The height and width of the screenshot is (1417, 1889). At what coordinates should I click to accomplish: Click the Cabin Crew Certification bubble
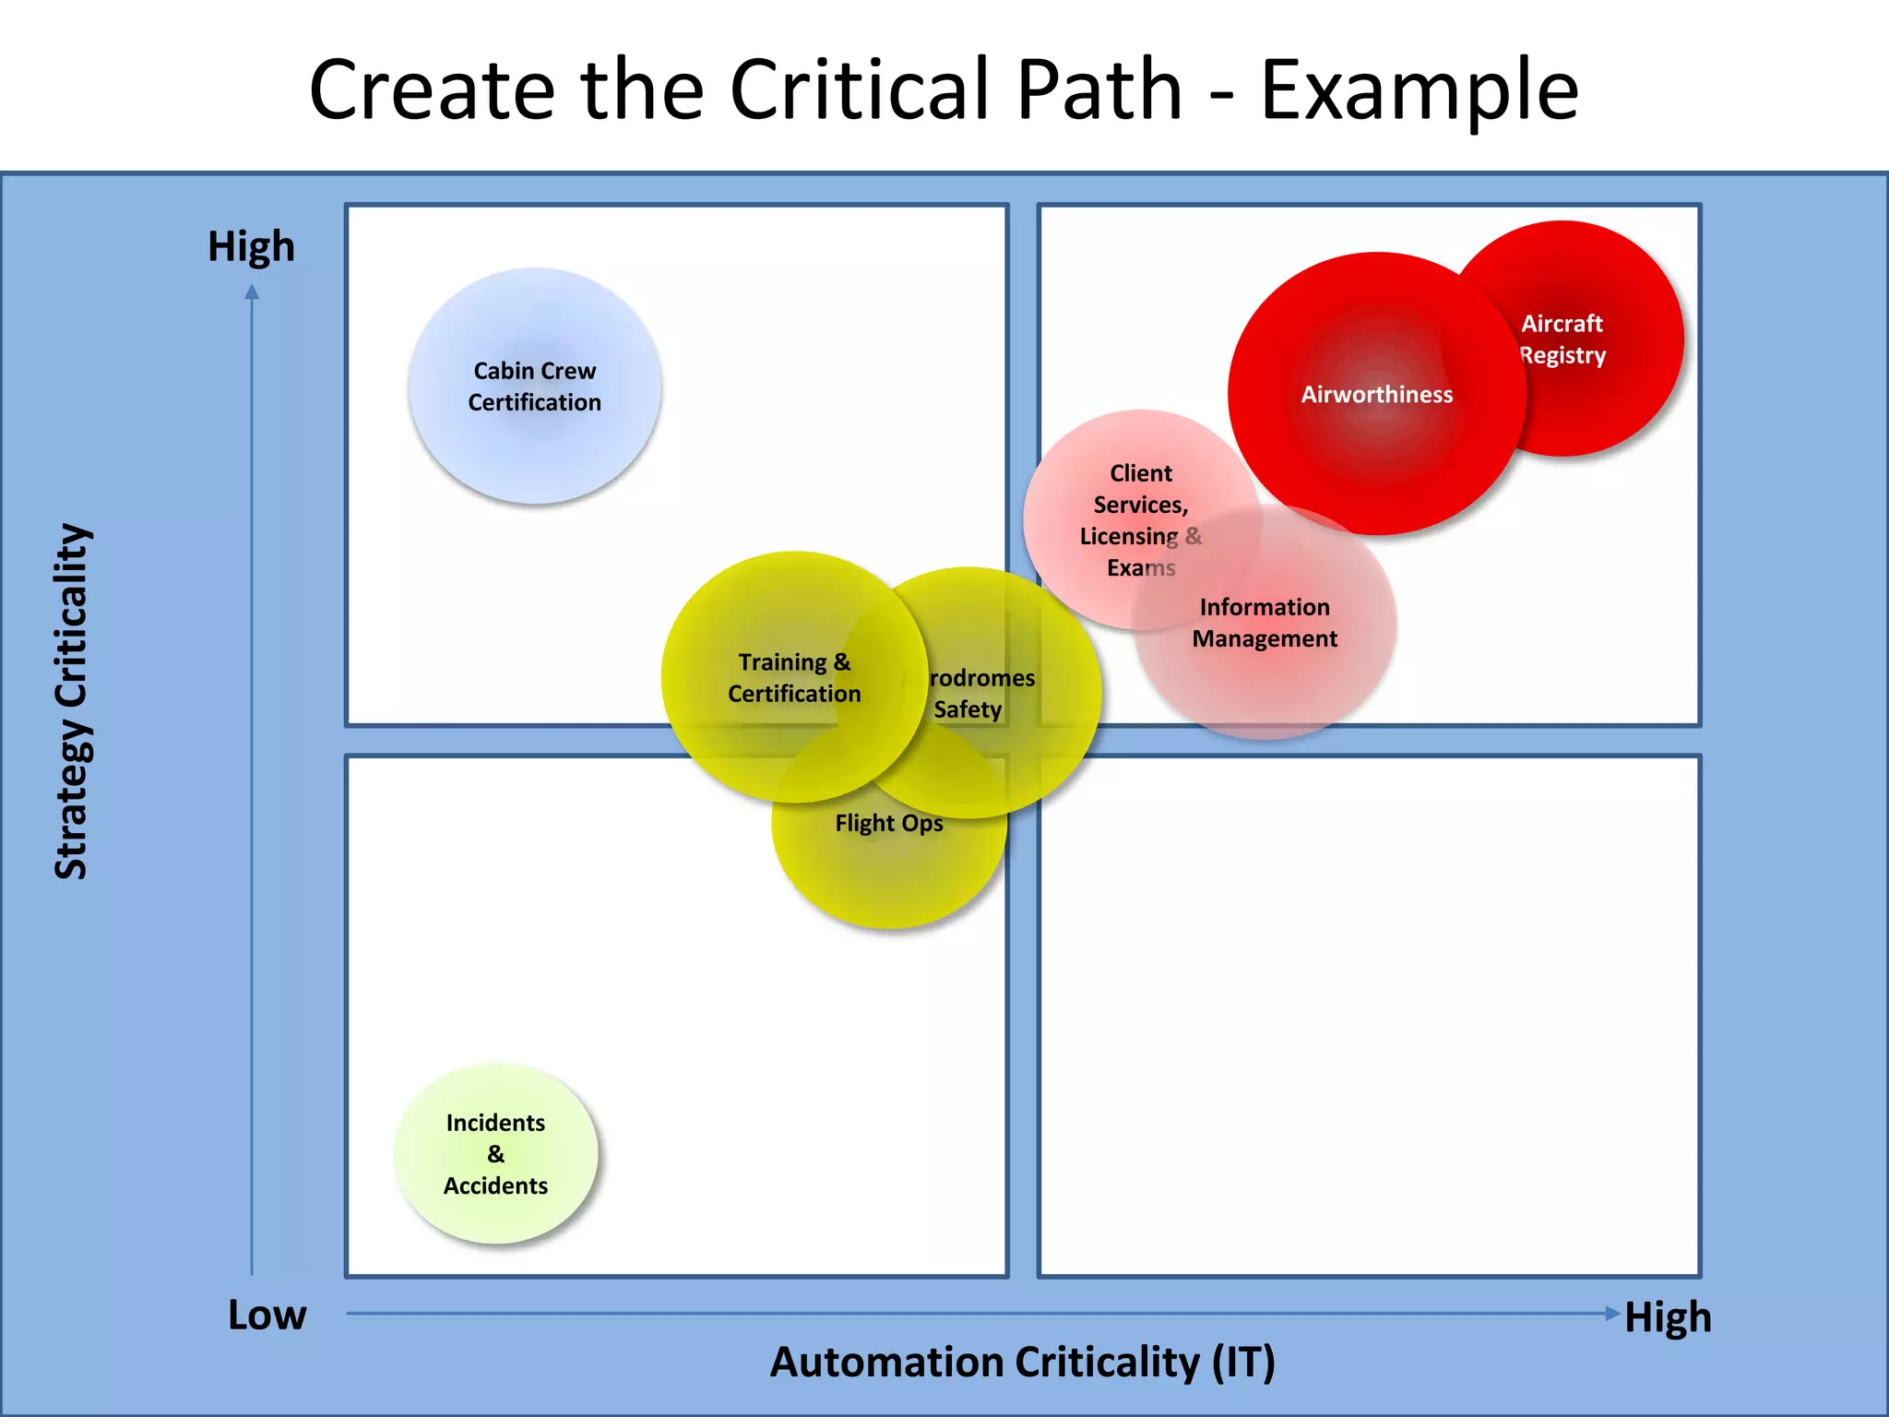534,386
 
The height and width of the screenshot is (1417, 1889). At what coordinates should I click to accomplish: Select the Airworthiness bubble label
1376,395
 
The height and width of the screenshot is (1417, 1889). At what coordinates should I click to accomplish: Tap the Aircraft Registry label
1562,339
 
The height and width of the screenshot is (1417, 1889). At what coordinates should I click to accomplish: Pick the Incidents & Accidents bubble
495,1154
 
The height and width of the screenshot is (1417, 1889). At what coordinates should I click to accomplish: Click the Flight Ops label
889,823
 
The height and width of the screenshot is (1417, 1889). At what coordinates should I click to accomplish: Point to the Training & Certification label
794,678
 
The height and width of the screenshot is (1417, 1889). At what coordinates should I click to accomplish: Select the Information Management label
1265,623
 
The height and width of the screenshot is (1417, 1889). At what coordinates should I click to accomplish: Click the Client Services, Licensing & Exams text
1140,520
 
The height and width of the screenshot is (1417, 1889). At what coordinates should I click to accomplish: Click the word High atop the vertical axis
251,247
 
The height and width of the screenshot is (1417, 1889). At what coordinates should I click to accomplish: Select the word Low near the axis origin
267,1315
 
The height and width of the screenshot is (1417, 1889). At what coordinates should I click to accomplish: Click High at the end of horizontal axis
1668,1317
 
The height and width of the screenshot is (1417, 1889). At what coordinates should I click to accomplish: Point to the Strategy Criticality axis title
72,701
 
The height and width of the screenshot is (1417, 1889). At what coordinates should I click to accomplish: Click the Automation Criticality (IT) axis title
1022,1363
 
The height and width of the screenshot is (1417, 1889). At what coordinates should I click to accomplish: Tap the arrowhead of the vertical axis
252,292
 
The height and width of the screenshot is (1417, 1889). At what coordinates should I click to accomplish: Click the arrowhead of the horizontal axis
1612,1314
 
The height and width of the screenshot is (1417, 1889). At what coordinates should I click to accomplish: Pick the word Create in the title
432,90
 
